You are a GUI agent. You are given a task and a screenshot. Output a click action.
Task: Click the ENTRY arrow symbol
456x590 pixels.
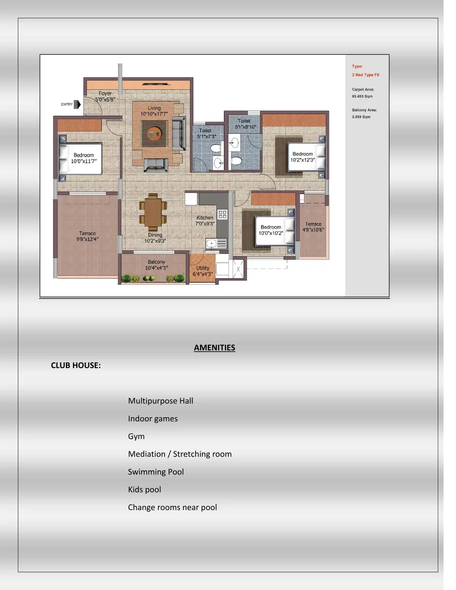77,104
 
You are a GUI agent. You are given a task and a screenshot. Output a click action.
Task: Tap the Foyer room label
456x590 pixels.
105,93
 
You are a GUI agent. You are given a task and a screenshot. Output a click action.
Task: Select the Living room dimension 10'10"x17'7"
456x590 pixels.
154,114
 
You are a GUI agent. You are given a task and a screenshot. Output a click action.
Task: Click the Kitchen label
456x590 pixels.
205,218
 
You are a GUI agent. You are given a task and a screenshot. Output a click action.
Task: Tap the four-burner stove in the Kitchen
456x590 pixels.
222,214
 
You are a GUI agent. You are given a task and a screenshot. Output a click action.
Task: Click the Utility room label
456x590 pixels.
203,268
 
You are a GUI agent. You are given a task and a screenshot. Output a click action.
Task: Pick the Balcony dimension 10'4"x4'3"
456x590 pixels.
156,268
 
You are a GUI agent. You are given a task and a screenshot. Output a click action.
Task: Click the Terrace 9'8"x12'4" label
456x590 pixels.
87,236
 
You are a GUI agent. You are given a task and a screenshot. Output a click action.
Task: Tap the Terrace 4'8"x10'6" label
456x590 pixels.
313,227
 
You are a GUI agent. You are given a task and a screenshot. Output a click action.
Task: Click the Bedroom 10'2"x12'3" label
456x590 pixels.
303,157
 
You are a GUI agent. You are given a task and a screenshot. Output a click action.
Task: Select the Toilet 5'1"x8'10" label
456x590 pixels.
245,124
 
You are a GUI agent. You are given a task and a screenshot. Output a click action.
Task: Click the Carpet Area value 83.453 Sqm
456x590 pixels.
362,96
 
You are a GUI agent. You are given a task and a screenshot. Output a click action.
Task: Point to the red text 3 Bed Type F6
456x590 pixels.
365,75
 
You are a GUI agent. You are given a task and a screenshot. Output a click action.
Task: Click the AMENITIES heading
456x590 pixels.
214,348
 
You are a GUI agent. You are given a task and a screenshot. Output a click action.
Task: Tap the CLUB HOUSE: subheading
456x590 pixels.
76,365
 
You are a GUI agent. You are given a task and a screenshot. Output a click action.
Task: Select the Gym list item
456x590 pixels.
136,436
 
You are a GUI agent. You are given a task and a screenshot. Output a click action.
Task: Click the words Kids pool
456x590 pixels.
144,489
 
